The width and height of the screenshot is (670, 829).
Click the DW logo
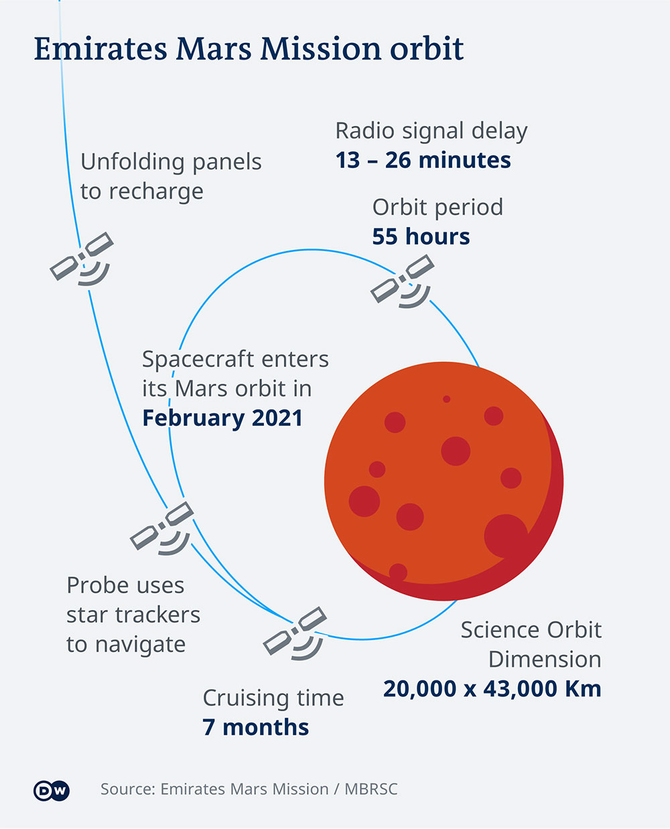pos(52,790)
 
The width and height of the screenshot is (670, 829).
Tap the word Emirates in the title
pos(100,49)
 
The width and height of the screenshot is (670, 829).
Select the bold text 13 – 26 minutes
pos(423,160)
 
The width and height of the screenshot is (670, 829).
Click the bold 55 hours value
pos(421,236)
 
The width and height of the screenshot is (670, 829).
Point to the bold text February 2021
pos(222,418)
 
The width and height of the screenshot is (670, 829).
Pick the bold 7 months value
pos(256,727)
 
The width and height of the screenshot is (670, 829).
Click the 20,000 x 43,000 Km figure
pos(492,688)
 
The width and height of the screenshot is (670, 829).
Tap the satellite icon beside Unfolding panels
pos(82,259)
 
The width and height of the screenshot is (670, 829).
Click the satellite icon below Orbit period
pos(403,281)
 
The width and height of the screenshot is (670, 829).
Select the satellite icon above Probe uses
pos(162,528)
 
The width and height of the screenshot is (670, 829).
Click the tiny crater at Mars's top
pos(446,399)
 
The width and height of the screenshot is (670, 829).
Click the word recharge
pos(156,192)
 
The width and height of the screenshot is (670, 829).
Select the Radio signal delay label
pos(431,131)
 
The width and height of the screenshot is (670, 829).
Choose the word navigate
pos(141,645)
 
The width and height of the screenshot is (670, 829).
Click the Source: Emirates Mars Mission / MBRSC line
pos(249,789)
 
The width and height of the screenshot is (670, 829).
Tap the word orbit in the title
pos(427,49)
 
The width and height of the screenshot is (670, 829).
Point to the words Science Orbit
pos(531,629)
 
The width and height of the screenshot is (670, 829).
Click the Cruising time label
pos(273,698)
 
